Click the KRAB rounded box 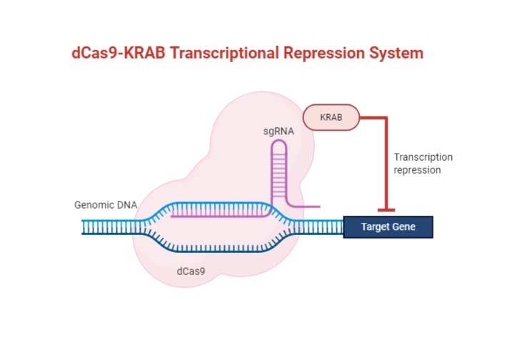point(331,117)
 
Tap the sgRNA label point(278,131)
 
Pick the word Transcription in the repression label point(423,157)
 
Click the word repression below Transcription point(417,170)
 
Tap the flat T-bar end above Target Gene point(385,209)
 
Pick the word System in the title point(398,53)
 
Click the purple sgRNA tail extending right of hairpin point(303,208)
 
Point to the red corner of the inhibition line point(385,118)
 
